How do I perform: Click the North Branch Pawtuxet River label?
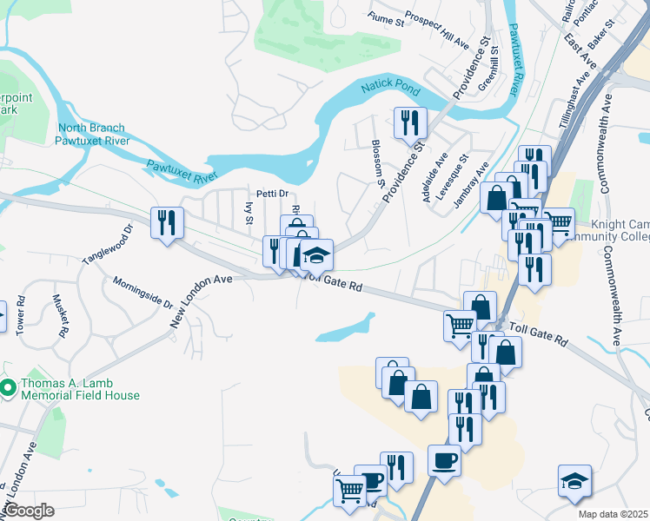[92, 132]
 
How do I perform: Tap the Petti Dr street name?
[271, 194]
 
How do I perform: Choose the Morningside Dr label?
[143, 293]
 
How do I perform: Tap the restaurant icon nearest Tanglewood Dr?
[165, 222]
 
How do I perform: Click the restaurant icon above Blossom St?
[408, 123]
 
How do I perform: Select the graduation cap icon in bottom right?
[574, 483]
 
